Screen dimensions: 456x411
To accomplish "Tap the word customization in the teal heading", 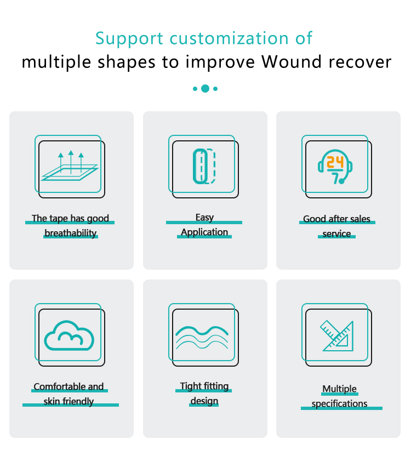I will [x=226, y=38].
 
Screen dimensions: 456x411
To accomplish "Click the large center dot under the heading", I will [x=205, y=88].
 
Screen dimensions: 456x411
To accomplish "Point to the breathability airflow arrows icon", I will [x=70, y=165].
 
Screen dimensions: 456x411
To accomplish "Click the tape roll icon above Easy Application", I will [x=204, y=166].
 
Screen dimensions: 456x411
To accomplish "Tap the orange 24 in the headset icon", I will [x=335, y=162].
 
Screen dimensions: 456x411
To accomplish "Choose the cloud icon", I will [x=69, y=334].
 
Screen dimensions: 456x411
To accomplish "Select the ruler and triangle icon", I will [x=337, y=335].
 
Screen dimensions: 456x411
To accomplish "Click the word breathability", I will [x=70, y=233].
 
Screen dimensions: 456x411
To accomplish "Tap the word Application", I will [x=204, y=232].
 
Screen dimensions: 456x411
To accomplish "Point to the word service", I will [x=336, y=234].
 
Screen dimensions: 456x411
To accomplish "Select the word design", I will [x=204, y=401].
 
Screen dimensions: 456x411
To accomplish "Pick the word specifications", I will [x=339, y=404].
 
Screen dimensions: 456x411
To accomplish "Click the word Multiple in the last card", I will [x=339, y=389].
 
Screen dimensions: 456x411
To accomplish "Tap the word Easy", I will [x=204, y=218].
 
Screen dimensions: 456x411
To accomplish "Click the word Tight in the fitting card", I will [x=191, y=386].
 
